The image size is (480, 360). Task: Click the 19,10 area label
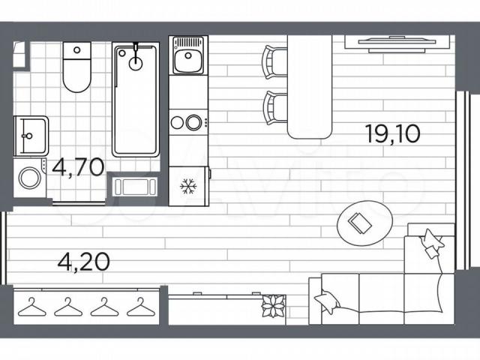tap(393, 133)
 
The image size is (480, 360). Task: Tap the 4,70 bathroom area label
tap(78, 167)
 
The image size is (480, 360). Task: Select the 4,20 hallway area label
tap(83, 262)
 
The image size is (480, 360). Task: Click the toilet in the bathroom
tap(76, 67)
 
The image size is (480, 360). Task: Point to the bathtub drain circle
tap(136, 64)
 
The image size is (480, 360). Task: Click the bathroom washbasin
tap(31, 136)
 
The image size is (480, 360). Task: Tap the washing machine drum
tap(30, 178)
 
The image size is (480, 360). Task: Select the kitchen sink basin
tap(188, 56)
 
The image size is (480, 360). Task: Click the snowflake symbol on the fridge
tap(188, 186)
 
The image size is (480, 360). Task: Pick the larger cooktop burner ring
tap(194, 122)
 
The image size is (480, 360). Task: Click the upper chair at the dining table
tap(274, 62)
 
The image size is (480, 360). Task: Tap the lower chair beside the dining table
tap(275, 108)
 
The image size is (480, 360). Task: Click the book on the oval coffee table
tap(360, 223)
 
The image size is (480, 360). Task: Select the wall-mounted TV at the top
tap(397, 43)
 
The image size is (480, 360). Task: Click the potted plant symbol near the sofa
tap(273, 306)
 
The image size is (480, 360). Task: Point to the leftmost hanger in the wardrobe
tap(31, 307)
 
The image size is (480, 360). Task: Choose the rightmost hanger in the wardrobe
tap(141, 307)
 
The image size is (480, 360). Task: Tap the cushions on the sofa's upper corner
tap(432, 244)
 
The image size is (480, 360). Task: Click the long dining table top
tap(310, 87)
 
